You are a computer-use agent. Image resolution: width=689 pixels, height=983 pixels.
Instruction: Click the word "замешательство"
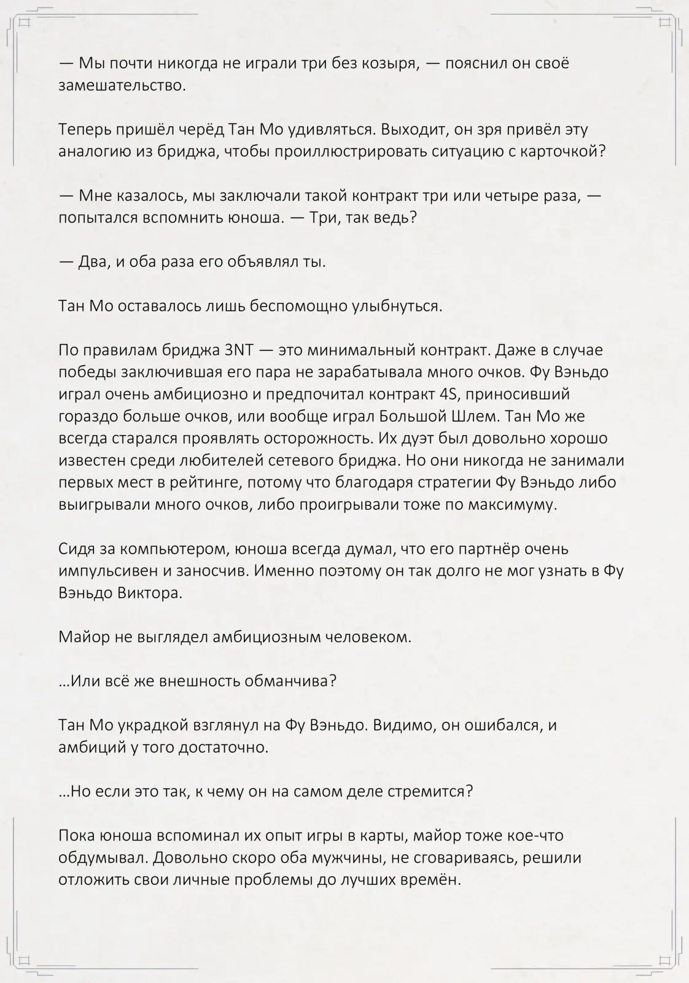tap(122, 85)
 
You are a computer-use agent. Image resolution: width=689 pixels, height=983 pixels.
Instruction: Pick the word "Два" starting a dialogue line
tap(93, 262)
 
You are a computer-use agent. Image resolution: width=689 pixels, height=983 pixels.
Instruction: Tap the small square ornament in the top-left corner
tap(25, 23)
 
